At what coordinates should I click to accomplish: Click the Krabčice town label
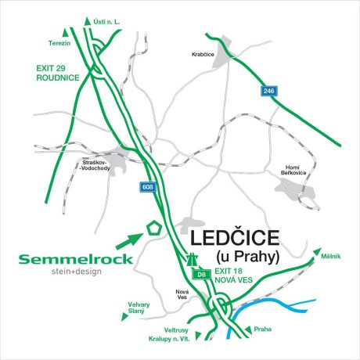[203, 54]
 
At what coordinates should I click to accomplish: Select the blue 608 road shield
[148, 187]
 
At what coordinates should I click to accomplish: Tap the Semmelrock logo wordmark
[67, 259]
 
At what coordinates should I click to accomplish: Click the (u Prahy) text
[246, 257]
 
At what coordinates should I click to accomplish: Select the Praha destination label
[262, 329]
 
